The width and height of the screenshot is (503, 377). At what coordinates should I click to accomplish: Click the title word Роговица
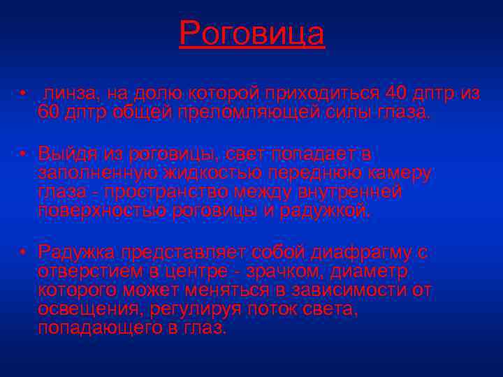tap(251, 33)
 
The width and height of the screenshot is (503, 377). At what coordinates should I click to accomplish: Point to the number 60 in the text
tap(48, 111)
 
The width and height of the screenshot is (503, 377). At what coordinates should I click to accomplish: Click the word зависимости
tap(344, 289)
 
